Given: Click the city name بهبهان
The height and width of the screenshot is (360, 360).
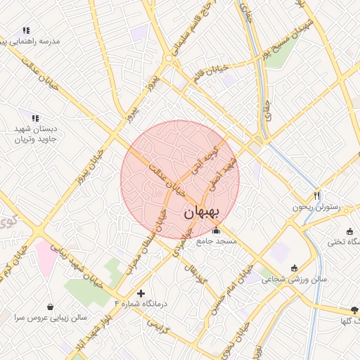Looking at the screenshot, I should (x=202, y=212).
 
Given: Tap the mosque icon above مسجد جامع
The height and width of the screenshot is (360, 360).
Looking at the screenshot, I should (x=215, y=231).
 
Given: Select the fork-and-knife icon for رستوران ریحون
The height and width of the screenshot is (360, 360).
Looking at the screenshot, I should (x=316, y=195).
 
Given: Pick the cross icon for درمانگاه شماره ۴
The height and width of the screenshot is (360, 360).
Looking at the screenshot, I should (x=141, y=292).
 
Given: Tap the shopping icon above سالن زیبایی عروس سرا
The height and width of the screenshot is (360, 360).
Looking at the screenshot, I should (x=51, y=307).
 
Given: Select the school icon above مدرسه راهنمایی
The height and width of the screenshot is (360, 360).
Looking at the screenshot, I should (x=26, y=30).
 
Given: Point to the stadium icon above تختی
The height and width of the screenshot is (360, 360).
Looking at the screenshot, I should (x=349, y=231).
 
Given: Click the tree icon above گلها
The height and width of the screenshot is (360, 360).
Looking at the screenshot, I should (x=354, y=309).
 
